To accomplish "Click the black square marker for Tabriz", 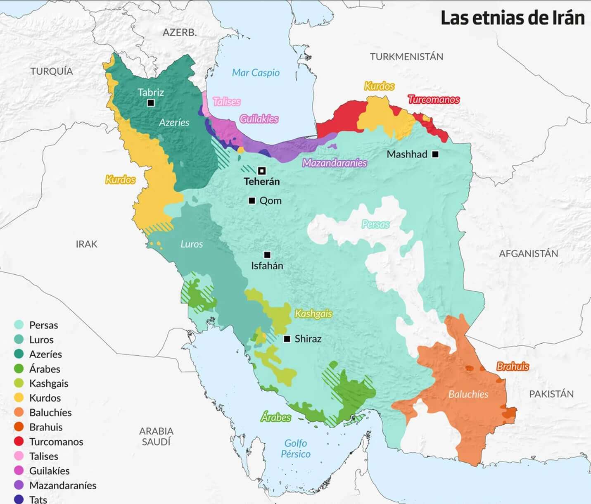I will click(x=151, y=103).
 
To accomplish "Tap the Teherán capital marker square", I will click(x=261, y=171).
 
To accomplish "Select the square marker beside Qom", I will click(x=252, y=201).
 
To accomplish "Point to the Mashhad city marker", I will click(x=435, y=154).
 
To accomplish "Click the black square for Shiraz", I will click(x=287, y=339).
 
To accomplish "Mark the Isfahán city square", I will click(x=267, y=255).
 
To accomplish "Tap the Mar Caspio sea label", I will click(x=256, y=73).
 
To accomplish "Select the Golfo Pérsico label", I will click(x=296, y=449).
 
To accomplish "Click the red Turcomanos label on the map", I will click(x=434, y=100).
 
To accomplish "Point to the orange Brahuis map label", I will click(x=513, y=366).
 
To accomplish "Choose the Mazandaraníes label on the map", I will click(x=335, y=163).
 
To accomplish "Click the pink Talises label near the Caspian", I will click(x=226, y=102).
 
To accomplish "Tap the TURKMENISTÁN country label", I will click(x=406, y=57).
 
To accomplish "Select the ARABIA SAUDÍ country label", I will click(x=156, y=436).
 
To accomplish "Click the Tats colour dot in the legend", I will click(x=19, y=499).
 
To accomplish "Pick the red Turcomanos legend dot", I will click(x=19, y=442).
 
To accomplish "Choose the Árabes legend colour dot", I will click(x=19, y=368).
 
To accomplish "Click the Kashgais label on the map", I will click(x=313, y=314).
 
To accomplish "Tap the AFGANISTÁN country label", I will click(x=528, y=254).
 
